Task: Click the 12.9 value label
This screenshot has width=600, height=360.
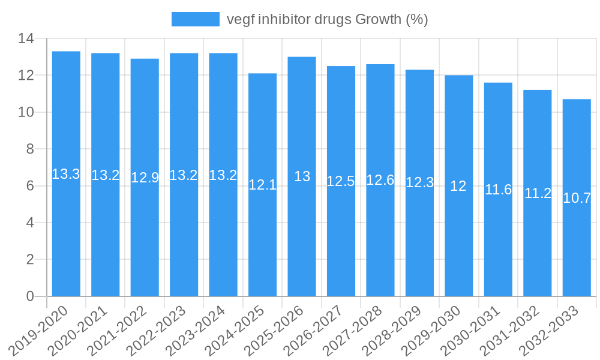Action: (145, 178)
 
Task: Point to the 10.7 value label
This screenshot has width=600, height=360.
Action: (577, 198)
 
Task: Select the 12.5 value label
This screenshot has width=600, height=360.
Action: (341, 181)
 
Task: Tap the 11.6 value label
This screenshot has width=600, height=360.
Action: (498, 190)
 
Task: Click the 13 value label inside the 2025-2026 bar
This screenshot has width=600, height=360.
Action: (302, 176)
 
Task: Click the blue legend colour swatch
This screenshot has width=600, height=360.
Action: (195, 19)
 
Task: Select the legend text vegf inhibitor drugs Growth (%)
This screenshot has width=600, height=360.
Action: (327, 19)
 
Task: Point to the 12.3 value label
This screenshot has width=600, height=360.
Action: (419, 182)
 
